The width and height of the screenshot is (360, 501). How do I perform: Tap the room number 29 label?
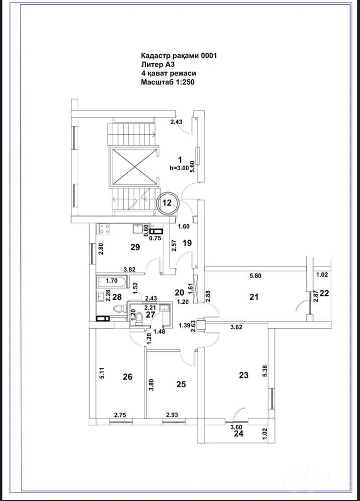pos(136,247)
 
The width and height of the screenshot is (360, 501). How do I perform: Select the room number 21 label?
pos(254,297)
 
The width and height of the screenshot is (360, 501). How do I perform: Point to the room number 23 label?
pos(244,375)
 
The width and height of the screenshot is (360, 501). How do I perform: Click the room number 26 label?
pos(127,377)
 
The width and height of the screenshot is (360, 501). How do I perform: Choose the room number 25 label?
pos(181,385)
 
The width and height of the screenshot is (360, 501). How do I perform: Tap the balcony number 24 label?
pos(238,434)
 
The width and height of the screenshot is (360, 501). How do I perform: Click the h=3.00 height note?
pos(179,168)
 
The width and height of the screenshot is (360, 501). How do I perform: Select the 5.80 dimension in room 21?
pos(255,276)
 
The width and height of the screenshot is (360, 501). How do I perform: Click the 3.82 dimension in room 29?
pos(130,269)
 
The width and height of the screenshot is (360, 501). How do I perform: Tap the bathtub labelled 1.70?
pos(112,281)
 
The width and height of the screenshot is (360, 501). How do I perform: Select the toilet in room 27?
pos(140,318)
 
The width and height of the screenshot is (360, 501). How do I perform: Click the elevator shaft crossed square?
pos(134,166)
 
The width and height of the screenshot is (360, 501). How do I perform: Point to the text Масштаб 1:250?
pos(167,82)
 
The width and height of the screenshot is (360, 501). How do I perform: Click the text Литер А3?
pos(158,65)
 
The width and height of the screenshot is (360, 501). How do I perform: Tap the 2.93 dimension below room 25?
pos(172,415)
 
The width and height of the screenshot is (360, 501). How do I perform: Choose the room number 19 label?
pos(187,243)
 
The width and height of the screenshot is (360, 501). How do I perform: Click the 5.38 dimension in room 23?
pos(265,371)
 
